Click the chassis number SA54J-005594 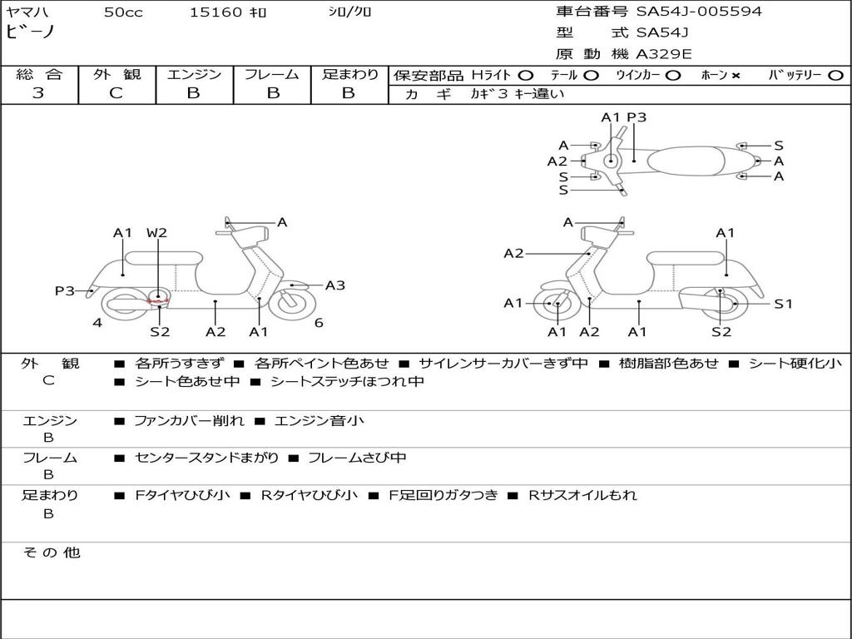699,12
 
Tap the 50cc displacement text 123,12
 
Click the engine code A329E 663,55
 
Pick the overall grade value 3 38,93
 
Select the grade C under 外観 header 116,93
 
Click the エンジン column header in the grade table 195,74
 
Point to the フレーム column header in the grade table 272,74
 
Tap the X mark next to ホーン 736,76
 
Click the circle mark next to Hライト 526,76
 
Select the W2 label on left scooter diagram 156,233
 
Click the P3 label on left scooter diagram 65,290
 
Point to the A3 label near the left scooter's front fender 334,285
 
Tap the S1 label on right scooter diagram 783,304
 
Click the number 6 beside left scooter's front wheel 319,323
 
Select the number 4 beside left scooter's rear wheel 97,323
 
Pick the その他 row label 51,552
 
